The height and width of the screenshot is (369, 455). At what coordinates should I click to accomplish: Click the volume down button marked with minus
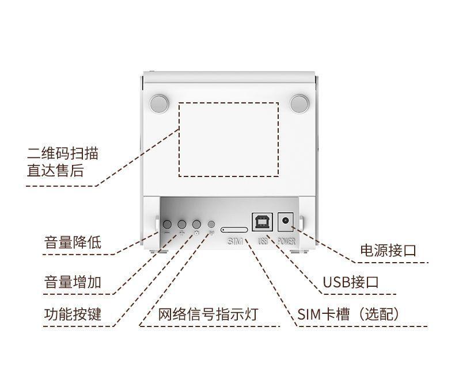point(168,224)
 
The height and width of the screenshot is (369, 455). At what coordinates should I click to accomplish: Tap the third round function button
point(196,224)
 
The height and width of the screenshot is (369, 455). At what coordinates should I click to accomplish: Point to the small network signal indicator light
point(211,224)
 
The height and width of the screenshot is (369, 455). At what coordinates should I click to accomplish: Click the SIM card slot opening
point(234,229)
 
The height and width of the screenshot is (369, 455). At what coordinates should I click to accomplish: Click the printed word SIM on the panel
point(235,241)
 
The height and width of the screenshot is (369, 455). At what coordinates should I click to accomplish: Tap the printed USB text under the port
point(263,241)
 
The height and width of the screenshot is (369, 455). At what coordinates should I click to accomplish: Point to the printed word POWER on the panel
point(286,241)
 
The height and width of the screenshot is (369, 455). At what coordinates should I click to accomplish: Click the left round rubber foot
point(158,103)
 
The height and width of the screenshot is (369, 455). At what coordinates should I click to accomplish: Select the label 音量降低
point(73,243)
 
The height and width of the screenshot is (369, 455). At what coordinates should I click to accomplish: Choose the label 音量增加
point(73,282)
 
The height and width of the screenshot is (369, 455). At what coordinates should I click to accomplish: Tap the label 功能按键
point(73,314)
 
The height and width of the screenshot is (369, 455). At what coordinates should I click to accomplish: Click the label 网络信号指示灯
point(208,314)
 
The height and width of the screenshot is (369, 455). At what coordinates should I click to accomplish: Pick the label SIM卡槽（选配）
point(348,314)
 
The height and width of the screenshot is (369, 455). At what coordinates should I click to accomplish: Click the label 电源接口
point(388,251)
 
